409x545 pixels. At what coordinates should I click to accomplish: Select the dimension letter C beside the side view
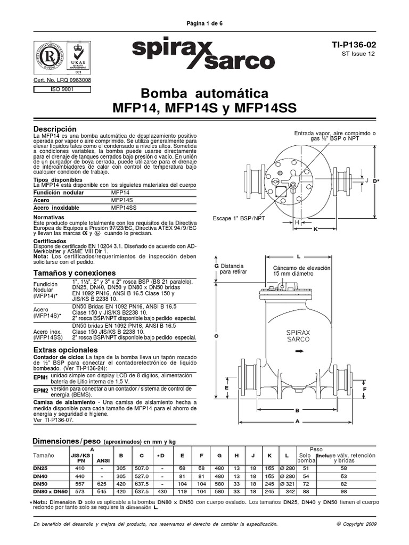(216, 336)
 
